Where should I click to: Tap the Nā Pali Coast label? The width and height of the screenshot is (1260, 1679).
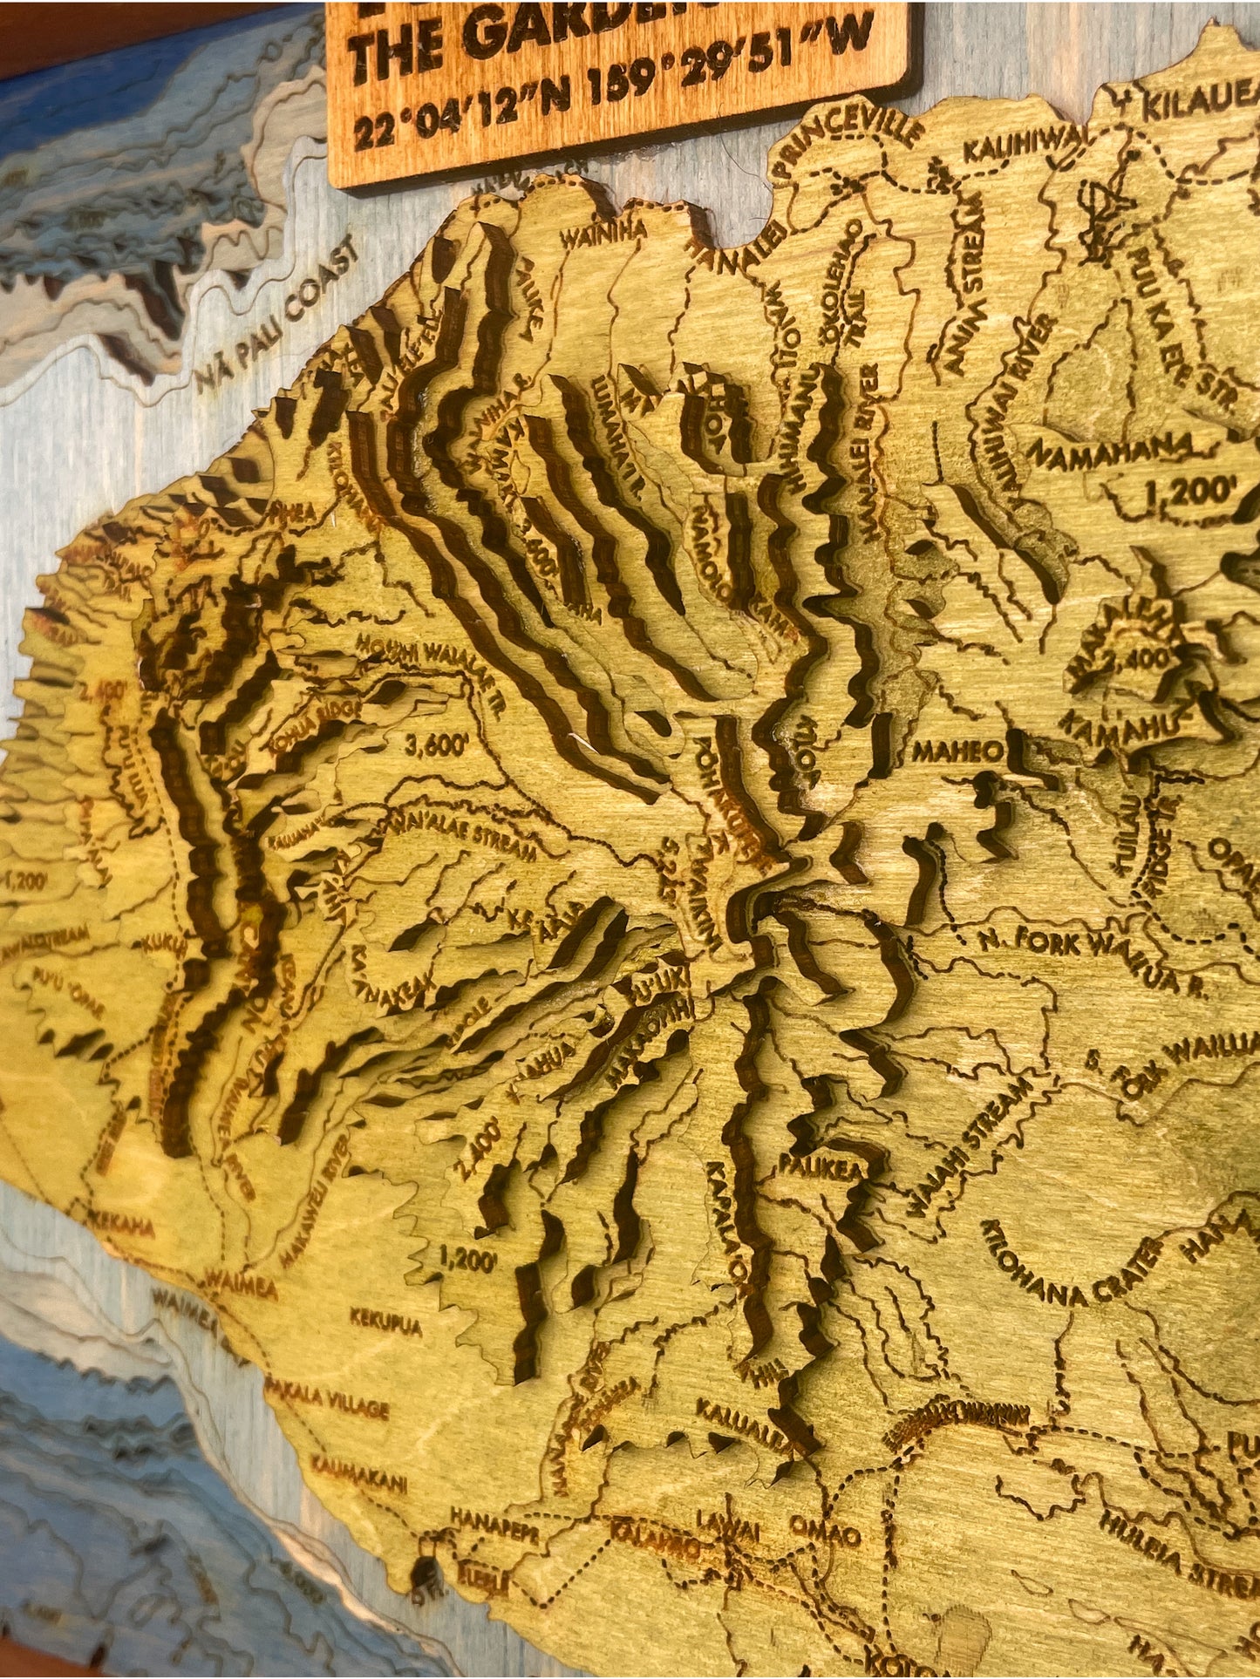click(278, 317)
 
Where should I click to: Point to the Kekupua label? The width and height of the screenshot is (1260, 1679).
click(385, 1322)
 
